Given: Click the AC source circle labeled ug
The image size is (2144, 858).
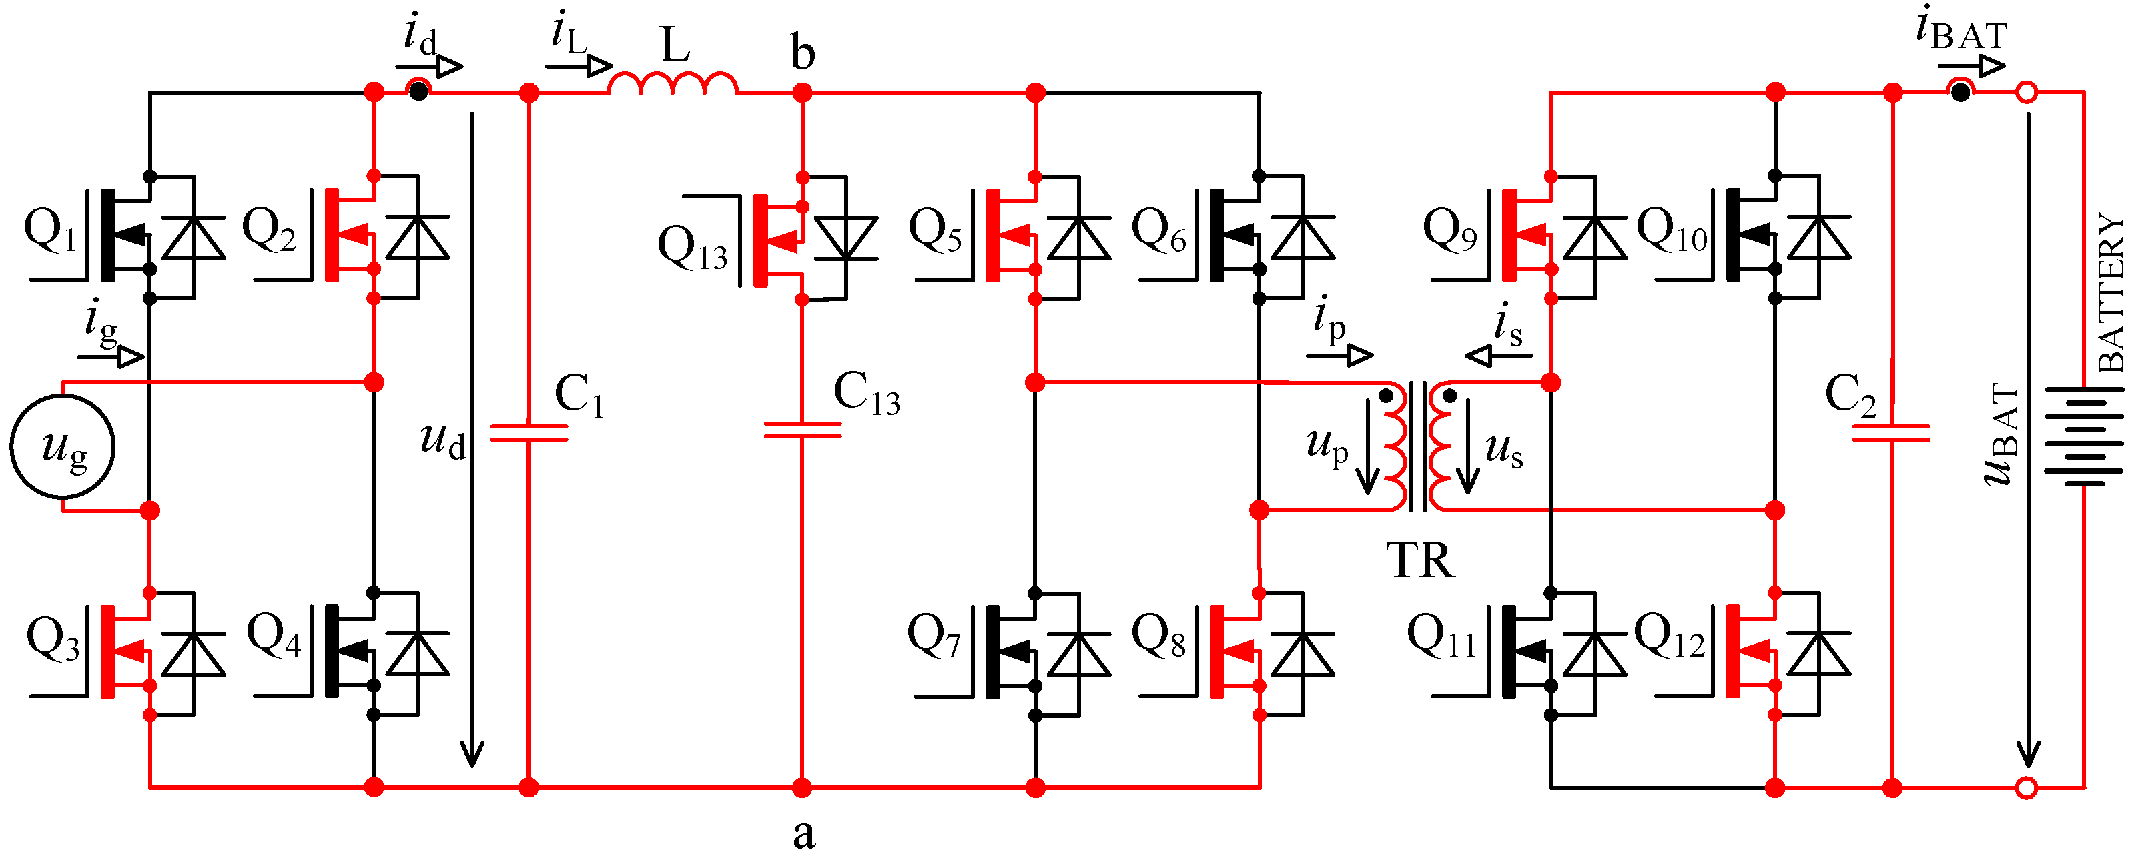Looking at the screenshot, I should [63, 447].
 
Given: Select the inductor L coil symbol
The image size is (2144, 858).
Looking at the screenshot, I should [673, 84].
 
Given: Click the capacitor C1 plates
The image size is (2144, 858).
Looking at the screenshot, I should [528, 433].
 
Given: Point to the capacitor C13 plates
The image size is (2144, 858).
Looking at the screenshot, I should [801, 430].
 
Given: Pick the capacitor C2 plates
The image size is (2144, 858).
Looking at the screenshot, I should [1891, 433].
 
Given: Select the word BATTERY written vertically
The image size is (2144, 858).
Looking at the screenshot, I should [2111, 292].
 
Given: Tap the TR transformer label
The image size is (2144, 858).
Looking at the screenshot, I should [1420, 560].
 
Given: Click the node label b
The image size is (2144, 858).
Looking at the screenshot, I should [802, 53].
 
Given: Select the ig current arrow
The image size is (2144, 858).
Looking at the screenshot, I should [112, 357].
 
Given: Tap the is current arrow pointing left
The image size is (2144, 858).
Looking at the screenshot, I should [1498, 356].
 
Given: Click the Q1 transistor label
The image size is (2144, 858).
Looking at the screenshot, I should [49, 229].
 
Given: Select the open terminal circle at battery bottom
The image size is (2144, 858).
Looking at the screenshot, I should [2027, 787].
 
